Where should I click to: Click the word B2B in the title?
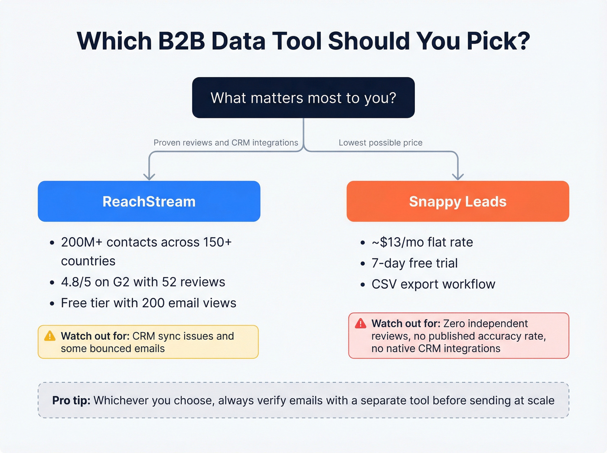pos(181,41)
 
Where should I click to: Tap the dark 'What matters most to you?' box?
pos(303,98)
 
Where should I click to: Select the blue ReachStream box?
pos(149,201)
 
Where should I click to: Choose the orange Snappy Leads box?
pos(457,201)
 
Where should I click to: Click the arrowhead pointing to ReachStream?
pos(149,176)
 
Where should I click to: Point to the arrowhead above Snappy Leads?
pos(458,176)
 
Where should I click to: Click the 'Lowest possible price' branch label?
pos(380,143)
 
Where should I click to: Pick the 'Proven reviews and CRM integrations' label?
pos(225,143)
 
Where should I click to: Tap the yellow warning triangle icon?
pos(50,336)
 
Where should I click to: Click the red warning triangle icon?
pos(360,323)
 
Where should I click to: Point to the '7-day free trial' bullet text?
pos(414,263)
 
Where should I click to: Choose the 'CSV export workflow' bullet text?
pos(433,284)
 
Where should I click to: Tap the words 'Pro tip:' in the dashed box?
pos(71,400)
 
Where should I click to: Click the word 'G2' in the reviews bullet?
pos(121,282)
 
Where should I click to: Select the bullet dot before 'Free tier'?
pos(52,303)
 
